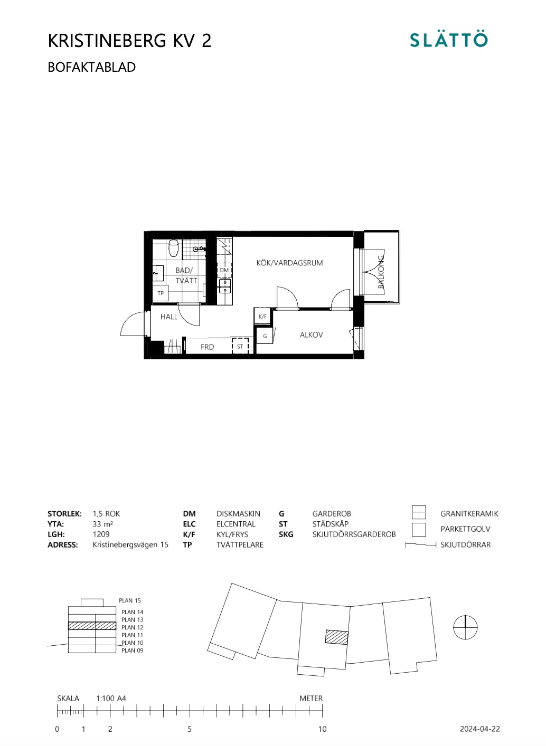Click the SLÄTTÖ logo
click(x=449, y=40)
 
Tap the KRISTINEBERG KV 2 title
click(x=129, y=41)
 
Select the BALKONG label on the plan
click(x=381, y=272)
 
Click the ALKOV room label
click(x=311, y=335)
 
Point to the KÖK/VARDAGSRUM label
click(x=289, y=263)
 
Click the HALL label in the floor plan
click(x=169, y=317)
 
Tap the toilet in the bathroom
click(x=174, y=248)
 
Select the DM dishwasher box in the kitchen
click(x=224, y=270)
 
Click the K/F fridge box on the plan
click(x=262, y=317)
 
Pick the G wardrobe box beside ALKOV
click(x=265, y=336)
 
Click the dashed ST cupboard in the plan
click(x=240, y=347)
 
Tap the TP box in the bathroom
click(x=161, y=293)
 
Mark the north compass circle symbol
click(x=465, y=627)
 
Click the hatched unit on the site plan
click(x=336, y=637)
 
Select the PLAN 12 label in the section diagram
click(x=132, y=627)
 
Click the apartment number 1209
click(x=101, y=534)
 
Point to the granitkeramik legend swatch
click(x=419, y=512)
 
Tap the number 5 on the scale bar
click(x=190, y=729)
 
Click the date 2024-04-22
click(x=479, y=729)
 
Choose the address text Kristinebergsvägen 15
click(x=130, y=545)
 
